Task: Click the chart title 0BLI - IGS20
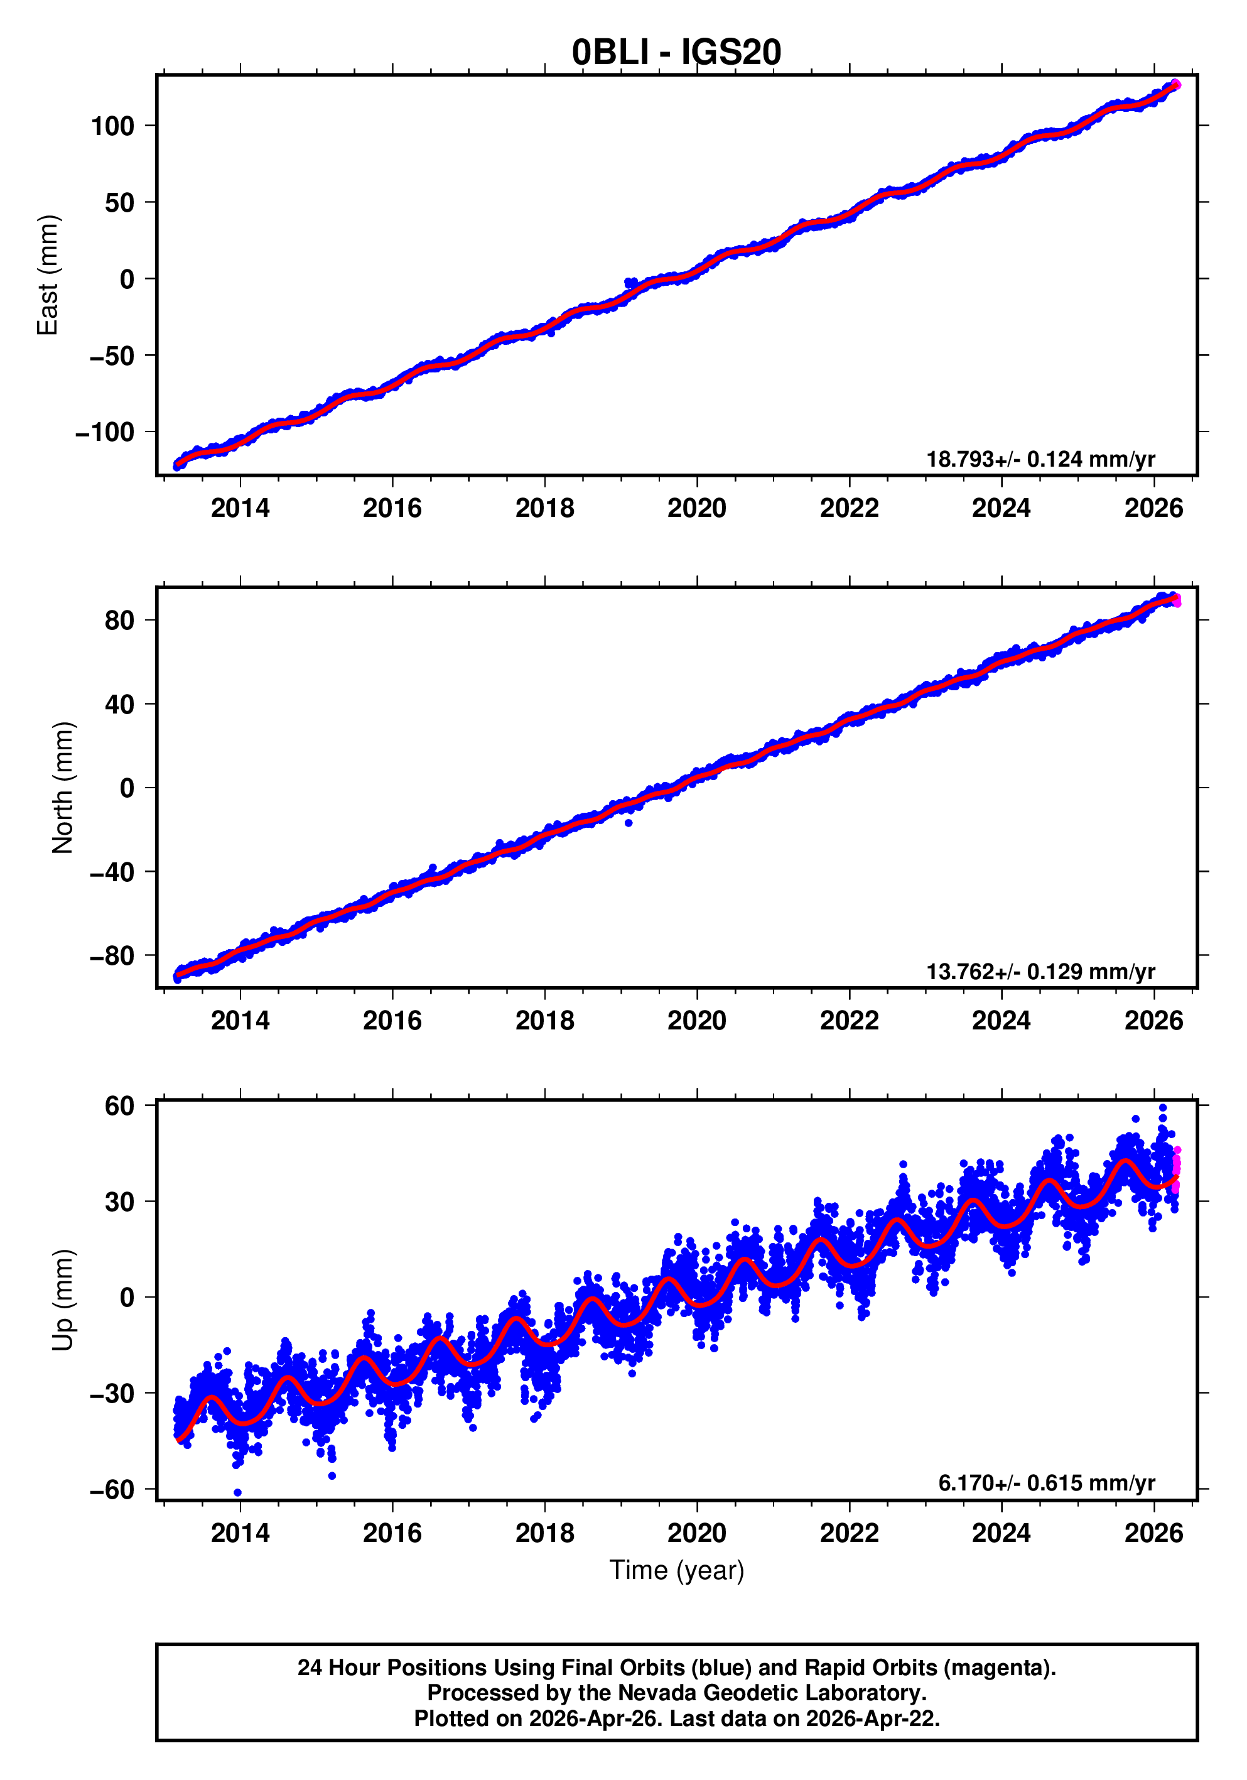click(676, 52)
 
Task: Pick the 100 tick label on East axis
click(112, 126)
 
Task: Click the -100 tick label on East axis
click(105, 432)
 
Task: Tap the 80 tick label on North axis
click(119, 620)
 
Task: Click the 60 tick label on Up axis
click(119, 1106)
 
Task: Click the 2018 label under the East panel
click(545, 509)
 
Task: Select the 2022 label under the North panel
click(850, 1021)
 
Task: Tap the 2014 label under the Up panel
click(240, 1533)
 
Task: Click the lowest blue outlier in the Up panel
click(238, 1492)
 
